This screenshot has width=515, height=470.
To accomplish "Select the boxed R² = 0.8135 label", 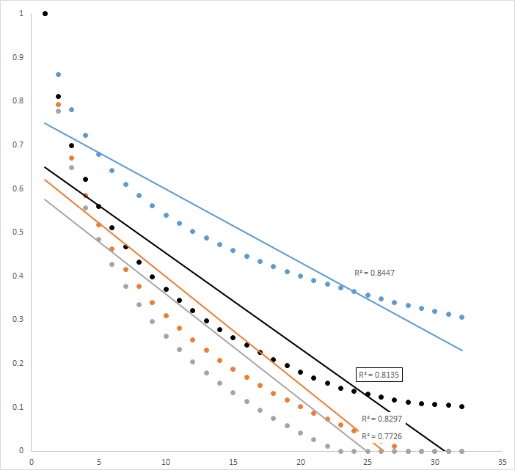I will tap(379, 374).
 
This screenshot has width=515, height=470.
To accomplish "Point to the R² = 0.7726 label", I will tap(381, 436).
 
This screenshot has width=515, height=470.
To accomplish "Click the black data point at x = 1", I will tap(45, 13).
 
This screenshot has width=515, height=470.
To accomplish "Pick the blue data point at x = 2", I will tap(59, 75).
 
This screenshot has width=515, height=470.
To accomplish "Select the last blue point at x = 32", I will tap(462, 317).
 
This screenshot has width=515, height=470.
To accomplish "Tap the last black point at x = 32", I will tap(462, 406).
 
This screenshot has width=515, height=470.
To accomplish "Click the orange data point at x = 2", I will tap(59, 105).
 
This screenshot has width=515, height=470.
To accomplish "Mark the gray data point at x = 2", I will tap(59, 111).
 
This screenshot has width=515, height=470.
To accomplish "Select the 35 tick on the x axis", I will tap(503, 463).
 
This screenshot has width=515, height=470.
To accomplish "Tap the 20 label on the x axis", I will tap(301, 463).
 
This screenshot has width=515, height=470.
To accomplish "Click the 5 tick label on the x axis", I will tap(99, 463).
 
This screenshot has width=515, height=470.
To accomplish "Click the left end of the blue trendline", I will tap(45, 123).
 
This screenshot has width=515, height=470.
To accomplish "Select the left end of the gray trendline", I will tap(45, 199).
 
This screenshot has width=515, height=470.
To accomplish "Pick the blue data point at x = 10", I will tap(167, 216).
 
